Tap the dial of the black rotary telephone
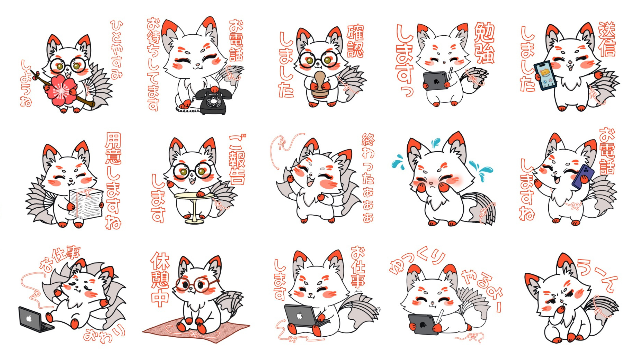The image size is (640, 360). pos(213,101)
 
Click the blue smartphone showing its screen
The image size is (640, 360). pos(545,75)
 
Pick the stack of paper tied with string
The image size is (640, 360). pos(86,203)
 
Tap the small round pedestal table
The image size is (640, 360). pos(194,207)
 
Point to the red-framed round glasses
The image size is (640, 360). pos(196,284)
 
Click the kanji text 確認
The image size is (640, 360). pos(355,41)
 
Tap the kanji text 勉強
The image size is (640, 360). pos(484,43)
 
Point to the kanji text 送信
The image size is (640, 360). pos(607,39)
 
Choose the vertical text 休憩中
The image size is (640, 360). pos(160,279)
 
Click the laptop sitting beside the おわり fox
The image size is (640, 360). pos(35,320)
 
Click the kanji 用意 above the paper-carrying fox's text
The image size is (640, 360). pos(113,149)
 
